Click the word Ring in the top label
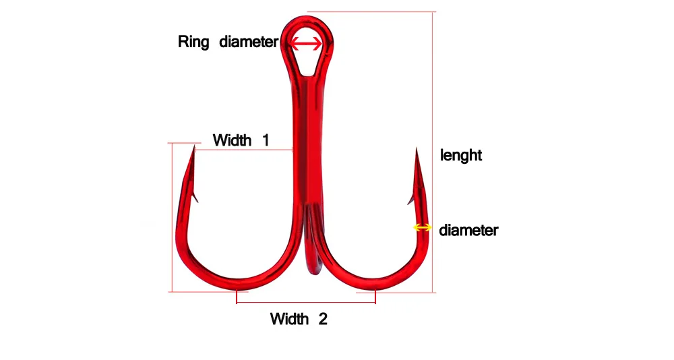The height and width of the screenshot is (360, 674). (x=193, y=42)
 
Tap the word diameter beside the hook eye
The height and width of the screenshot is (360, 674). (x=249, y=42)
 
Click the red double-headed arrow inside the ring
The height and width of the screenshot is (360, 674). (x=305, y=43)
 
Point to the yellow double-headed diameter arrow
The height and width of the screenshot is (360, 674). (x=422, y=227)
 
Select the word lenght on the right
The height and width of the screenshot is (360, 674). (x=461, y=155)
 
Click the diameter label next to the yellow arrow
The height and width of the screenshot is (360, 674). (x=468, y=230)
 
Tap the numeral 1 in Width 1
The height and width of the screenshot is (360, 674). (x=266, y=140)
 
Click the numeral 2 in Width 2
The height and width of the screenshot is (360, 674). (x=323, y=319)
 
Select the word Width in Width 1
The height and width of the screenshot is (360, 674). (x=232, y=140)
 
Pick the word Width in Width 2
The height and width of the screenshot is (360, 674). (x=289, y=319)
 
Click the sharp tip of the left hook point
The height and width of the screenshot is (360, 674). (x=194, y=146)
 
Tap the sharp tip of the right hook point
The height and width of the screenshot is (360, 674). (x=416, y=148)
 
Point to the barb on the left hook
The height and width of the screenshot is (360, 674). (x=195, y=198)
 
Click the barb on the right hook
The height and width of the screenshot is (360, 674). (x=410, y=200)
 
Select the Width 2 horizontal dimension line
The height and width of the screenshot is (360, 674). (x=305, y=303)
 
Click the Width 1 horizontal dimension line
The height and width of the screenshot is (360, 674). (x=244, y=150)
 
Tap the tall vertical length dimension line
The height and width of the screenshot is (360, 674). (x=433, y=152)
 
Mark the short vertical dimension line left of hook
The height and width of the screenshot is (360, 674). (x=173, y=217)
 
